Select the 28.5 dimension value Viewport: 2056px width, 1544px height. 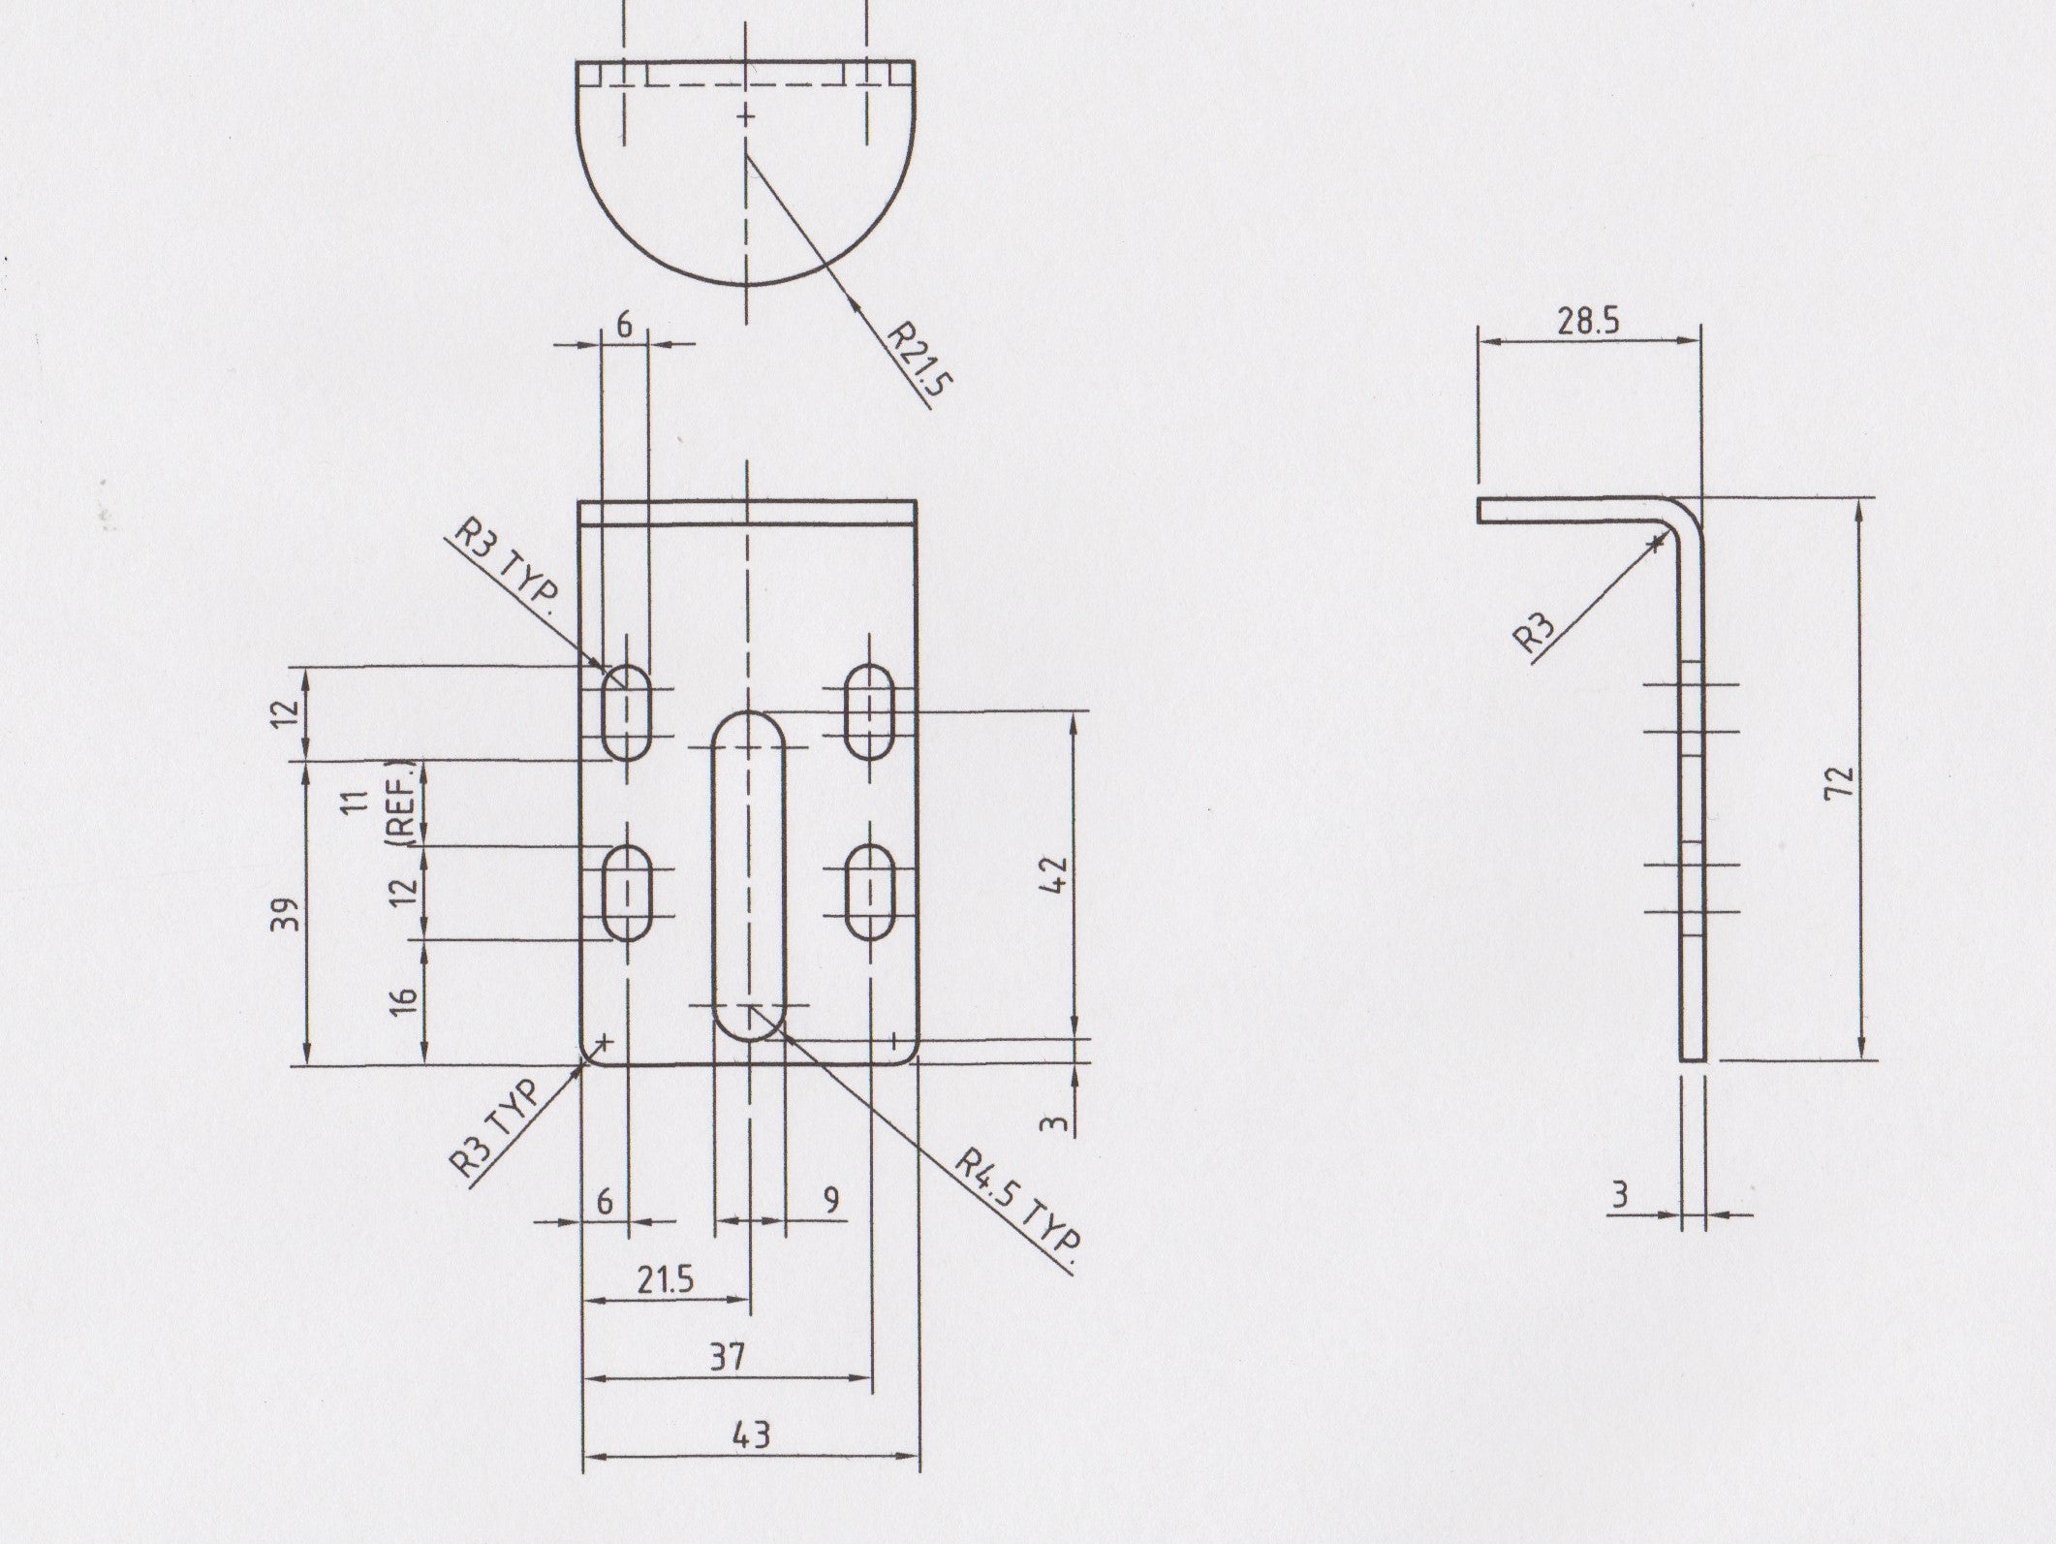coord(1588,322)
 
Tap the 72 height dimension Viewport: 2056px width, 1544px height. coord(1838,780)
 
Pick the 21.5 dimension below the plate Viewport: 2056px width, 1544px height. coord(666,1280)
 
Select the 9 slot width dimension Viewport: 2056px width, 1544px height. coord(830,1200)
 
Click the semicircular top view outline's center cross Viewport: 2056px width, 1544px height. coord(745,117)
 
